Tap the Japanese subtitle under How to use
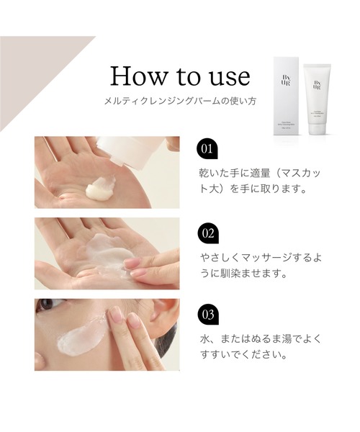pos(179,102)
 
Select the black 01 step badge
pos(207,149)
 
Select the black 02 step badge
pos(207,233)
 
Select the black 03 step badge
pos(207,315)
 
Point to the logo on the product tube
pos(316,84)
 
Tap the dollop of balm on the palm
pos(99,190)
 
